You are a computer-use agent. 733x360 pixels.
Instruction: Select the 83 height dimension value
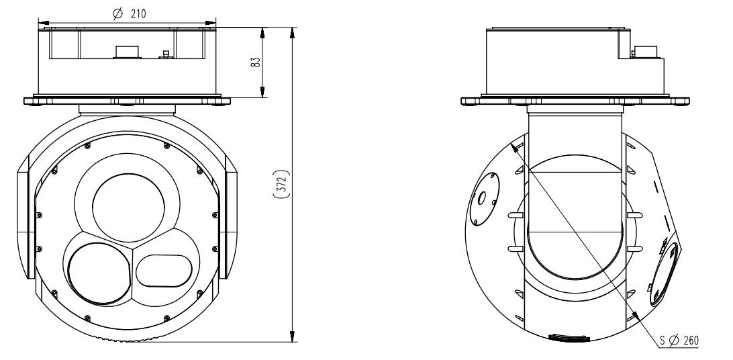click(254, 62)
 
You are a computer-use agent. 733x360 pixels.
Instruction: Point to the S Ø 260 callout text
click(679, 341)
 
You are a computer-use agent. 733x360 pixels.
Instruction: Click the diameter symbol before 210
click(117, 13)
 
